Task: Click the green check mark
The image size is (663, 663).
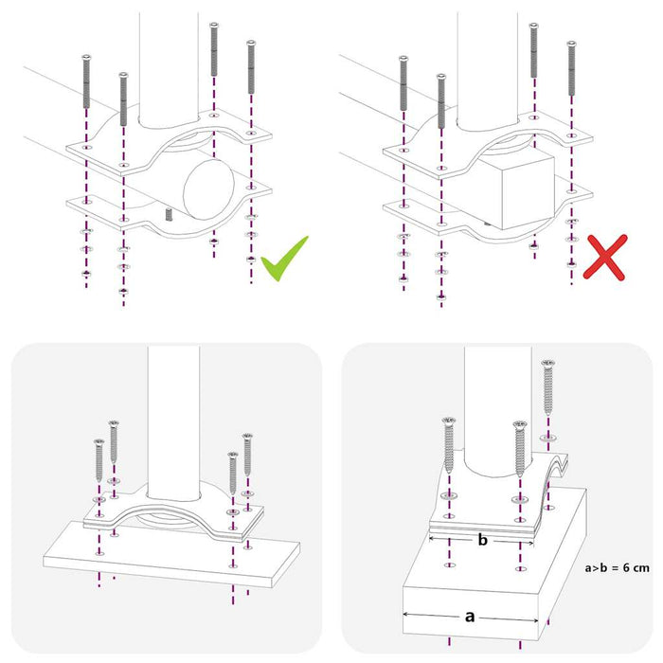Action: pos(284,260)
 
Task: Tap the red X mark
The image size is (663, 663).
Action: pos(604,256)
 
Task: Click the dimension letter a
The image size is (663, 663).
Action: pos(470,616)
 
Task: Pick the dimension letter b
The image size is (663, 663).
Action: pos(483,540)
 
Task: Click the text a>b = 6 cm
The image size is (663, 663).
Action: pos(617,567)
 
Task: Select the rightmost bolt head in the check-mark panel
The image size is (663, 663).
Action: pos(251,44)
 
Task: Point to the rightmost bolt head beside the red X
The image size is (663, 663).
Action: pos(570,44)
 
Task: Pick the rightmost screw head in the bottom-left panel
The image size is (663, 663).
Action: pos(247,437)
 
